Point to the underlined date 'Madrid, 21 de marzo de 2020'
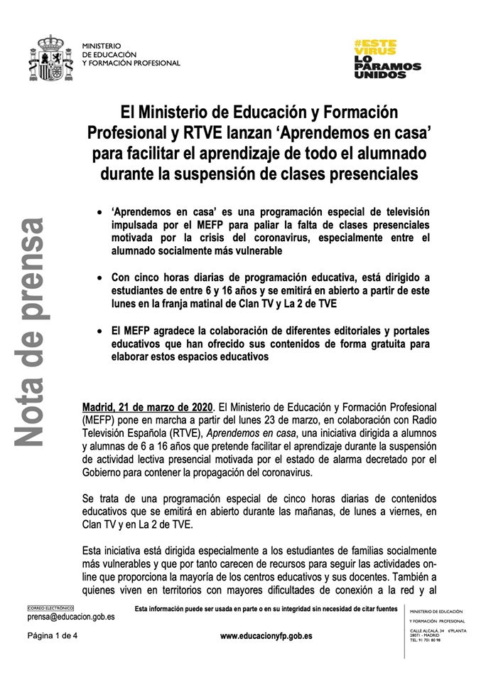(147, 407)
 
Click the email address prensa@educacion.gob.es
(71, 618)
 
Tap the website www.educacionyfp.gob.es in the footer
(266, 635)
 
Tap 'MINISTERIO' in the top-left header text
(102, 46)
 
